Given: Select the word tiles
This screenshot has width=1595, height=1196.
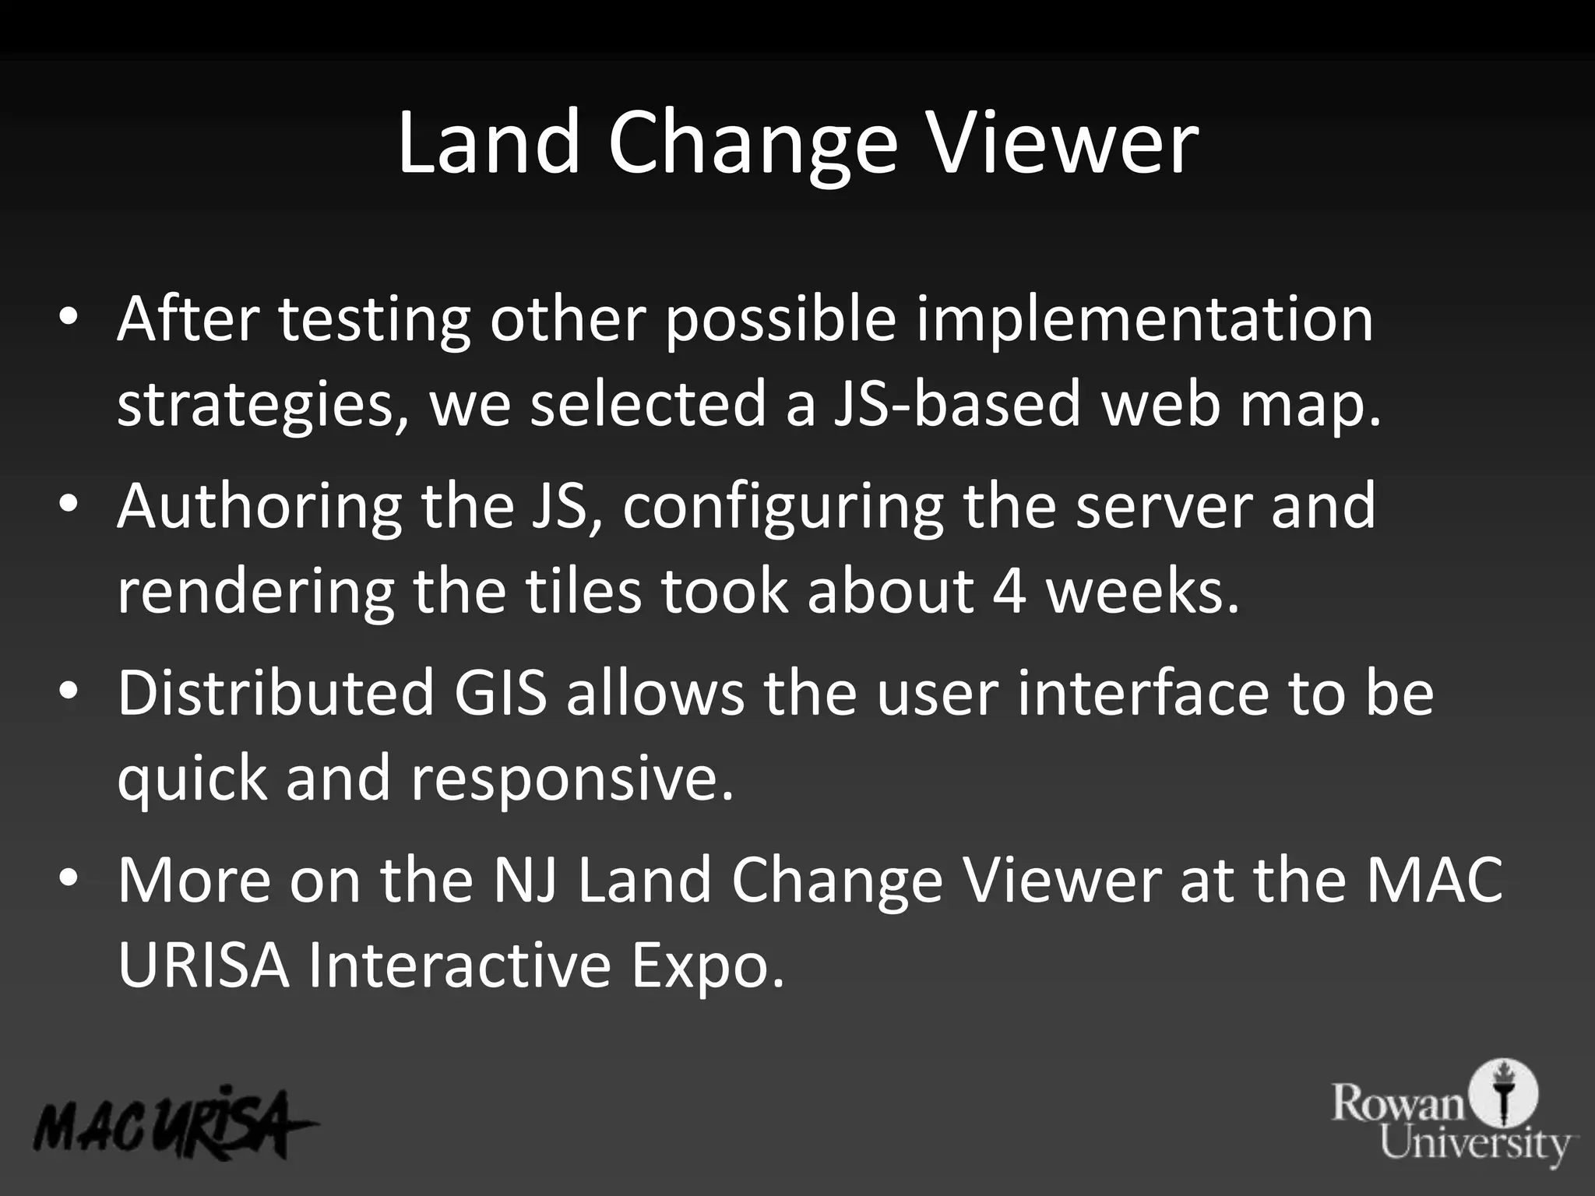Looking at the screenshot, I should pos(583,592).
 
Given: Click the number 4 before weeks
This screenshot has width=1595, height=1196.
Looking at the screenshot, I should pos(1010,592).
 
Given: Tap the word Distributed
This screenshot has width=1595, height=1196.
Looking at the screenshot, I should pos(276,693).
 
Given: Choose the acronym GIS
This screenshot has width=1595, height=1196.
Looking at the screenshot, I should pos(501,693).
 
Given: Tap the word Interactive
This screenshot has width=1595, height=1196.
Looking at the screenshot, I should pos(458,966).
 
